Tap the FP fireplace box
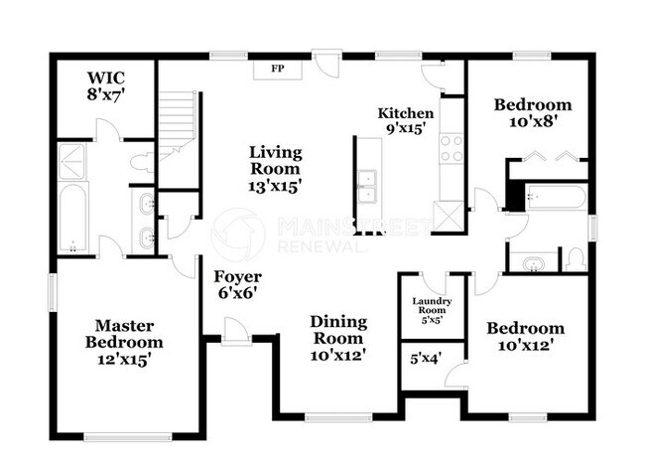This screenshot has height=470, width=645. (278, 69)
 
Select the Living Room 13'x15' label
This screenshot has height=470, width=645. (275, 168)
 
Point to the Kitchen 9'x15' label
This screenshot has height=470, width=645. (406, 120)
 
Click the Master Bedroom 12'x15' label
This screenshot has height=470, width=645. (124, 341)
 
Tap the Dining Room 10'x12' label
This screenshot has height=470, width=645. (338, 338)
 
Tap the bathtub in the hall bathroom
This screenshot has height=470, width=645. (555, 197)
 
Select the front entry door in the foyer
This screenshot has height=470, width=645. (234, 331)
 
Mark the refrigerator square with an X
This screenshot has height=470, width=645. (450, 216)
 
